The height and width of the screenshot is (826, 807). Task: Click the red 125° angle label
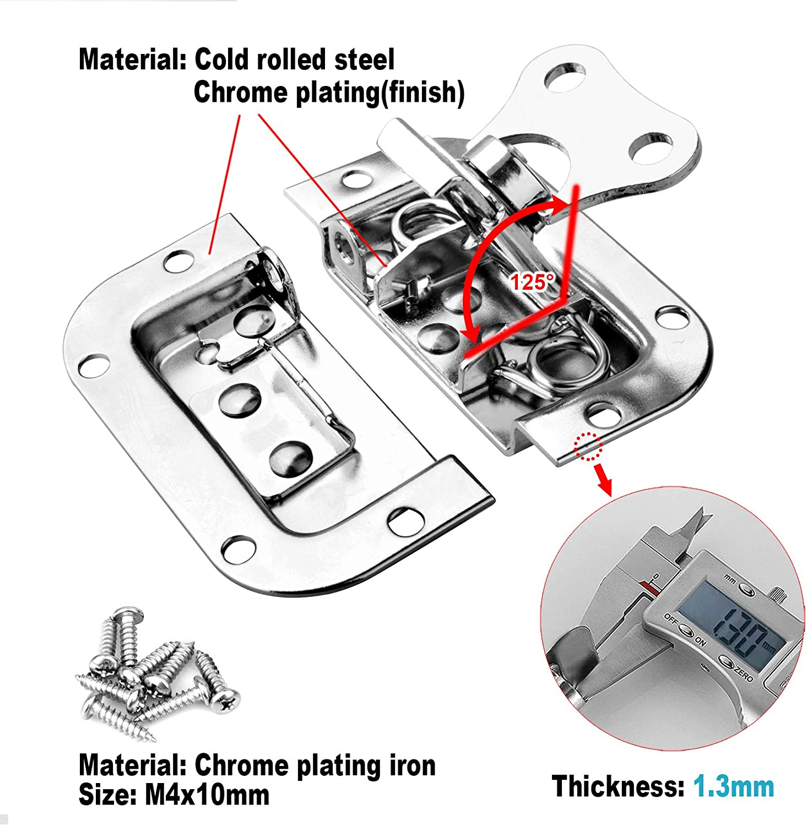click(530, 282)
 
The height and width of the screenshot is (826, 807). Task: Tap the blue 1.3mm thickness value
click(733, 786)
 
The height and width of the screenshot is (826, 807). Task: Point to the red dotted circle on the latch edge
click(588, 445)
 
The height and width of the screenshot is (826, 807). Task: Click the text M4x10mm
click(207, 795)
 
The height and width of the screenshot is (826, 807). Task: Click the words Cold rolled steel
click(294, 59)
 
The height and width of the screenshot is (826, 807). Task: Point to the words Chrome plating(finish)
click(329, 93)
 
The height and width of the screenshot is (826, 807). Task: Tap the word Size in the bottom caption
click(107, 795)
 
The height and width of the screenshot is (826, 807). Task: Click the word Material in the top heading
click(132, 59)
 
